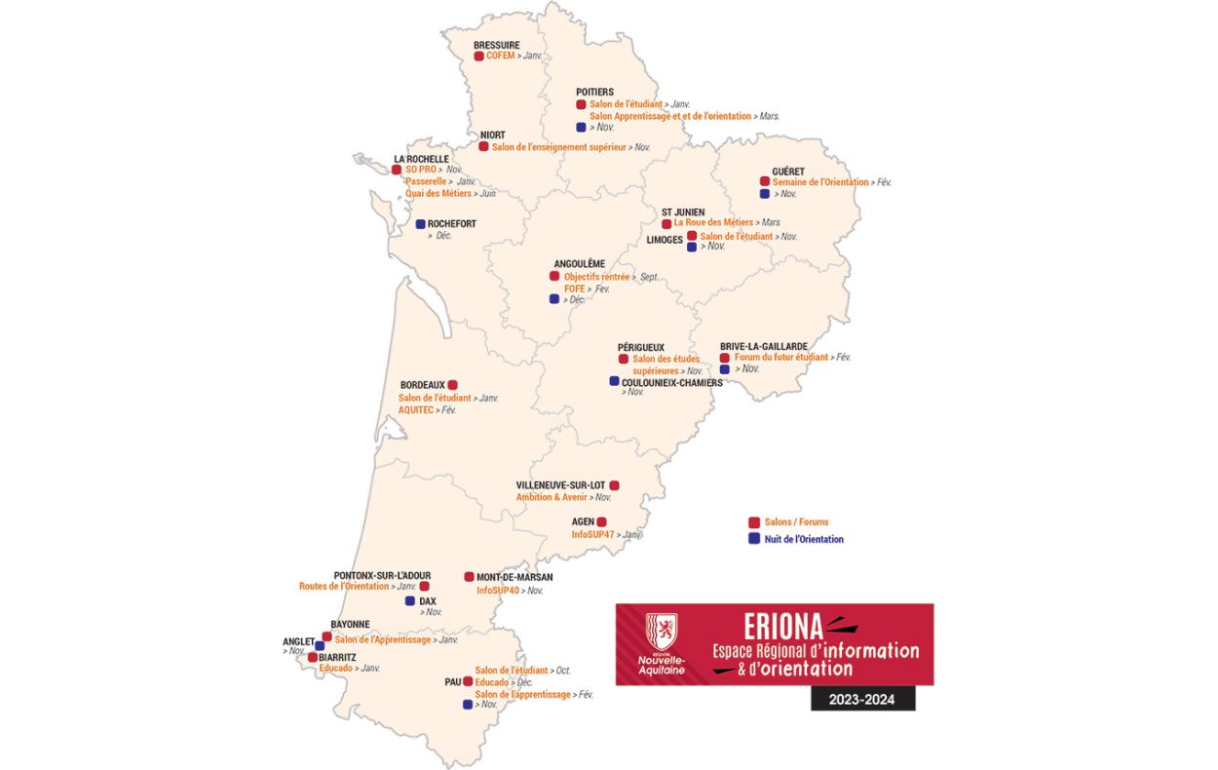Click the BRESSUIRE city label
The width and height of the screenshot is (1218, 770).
496,45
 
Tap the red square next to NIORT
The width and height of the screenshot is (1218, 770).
483,146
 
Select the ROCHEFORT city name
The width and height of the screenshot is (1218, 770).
452,224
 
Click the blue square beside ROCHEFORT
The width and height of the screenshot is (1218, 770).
421,224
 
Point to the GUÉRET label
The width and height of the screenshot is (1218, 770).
787,171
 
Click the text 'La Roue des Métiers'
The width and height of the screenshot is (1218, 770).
713,222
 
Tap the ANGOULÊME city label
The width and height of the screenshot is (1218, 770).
579,263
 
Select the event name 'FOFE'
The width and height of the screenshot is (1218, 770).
575,289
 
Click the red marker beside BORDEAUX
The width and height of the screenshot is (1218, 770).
452,385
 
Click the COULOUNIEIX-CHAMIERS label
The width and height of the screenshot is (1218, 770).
672,382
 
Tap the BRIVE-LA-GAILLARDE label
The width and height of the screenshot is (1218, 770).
764,346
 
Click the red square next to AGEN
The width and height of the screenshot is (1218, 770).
602,522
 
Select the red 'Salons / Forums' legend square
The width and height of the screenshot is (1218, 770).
753,522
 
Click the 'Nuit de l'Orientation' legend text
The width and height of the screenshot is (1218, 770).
804,539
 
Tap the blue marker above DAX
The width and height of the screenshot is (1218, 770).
410,601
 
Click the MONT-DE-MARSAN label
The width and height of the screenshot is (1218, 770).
514,577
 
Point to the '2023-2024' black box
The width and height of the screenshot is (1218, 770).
862,698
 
